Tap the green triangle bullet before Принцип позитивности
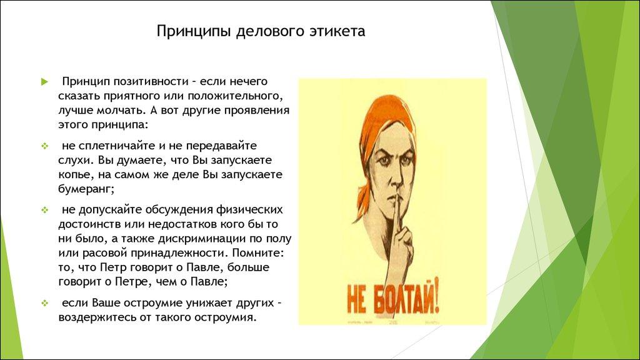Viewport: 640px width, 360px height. pyautogui.click(x=44, y=82)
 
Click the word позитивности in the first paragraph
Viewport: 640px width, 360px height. pyautogui.click(x=151, y=82)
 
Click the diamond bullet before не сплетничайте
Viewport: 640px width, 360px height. pyautogui.click(x=44, y=146)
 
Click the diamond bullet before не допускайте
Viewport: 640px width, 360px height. pyautogui.click(x=44, y=209)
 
